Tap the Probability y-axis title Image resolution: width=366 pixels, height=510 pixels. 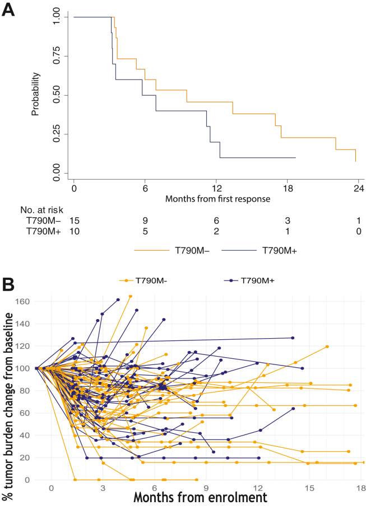[x=35, y=94]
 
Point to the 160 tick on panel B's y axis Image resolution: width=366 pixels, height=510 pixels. [x=22, y=301]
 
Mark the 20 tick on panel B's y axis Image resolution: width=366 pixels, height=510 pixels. [x=24, y=458]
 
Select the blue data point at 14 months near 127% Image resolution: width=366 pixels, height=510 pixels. [x=293, y=338]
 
